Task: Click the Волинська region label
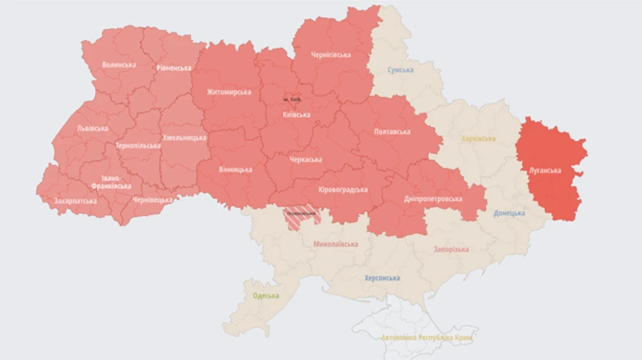click(x=118, y=65)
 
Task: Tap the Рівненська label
click(x=174, y=68)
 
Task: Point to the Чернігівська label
click(x=330, y=55)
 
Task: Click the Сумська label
click(x=402, y=71)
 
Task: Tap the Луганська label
click(x=546, y=171)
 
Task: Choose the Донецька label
click(x=509, y=213)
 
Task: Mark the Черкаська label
click(x=305, y=160)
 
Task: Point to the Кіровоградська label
click(x=343, y=190)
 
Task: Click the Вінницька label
click(x=235, y=170)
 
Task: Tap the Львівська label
click(x=93, y=129)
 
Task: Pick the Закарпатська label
click(x=76, y=201)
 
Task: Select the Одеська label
click(x=266, y=296)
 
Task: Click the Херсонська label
click(x=382, y=279)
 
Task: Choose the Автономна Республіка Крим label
click(x=429, y=337)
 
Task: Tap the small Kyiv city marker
click(x=292, y=99)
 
